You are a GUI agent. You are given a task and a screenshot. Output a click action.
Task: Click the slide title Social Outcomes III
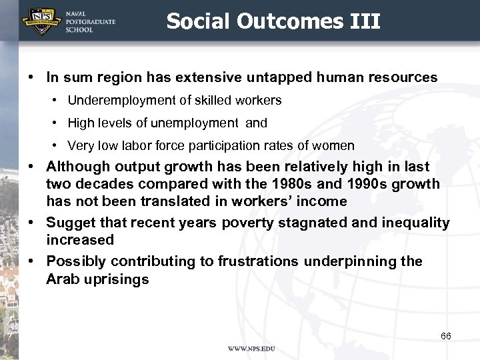tap(273, 22)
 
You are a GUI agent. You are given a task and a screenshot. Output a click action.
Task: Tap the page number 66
tap(445, 336)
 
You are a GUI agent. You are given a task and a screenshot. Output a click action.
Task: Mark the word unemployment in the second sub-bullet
tap(199, 123)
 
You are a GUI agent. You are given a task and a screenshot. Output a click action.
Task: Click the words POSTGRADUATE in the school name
tap(91, 21)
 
